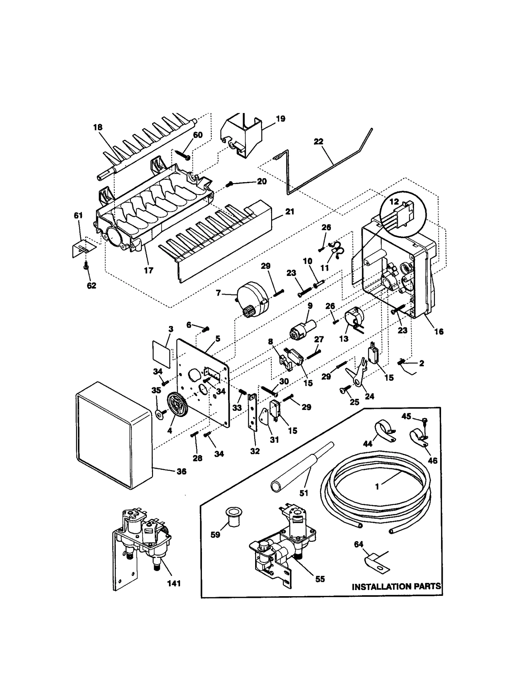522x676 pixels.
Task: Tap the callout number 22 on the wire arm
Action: point(318,141)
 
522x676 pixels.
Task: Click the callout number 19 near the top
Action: point(280,119)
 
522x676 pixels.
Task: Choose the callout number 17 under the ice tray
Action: point(148,270)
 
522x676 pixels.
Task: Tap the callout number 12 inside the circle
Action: point(394,202)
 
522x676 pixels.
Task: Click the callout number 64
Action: point(359,544)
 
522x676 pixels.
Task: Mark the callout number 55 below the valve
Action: point(320,579)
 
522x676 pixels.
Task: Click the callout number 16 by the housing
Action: point(439,332)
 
